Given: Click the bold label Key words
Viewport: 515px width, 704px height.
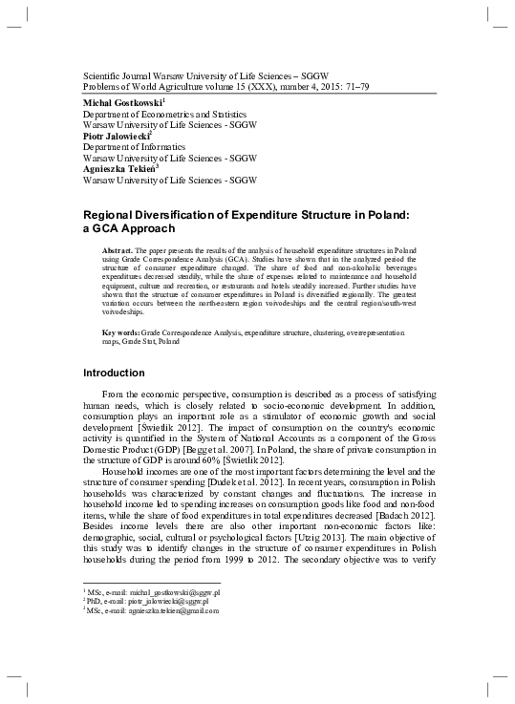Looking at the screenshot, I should pos(119,331).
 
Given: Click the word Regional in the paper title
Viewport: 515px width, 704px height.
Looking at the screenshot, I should pos(114,214).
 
